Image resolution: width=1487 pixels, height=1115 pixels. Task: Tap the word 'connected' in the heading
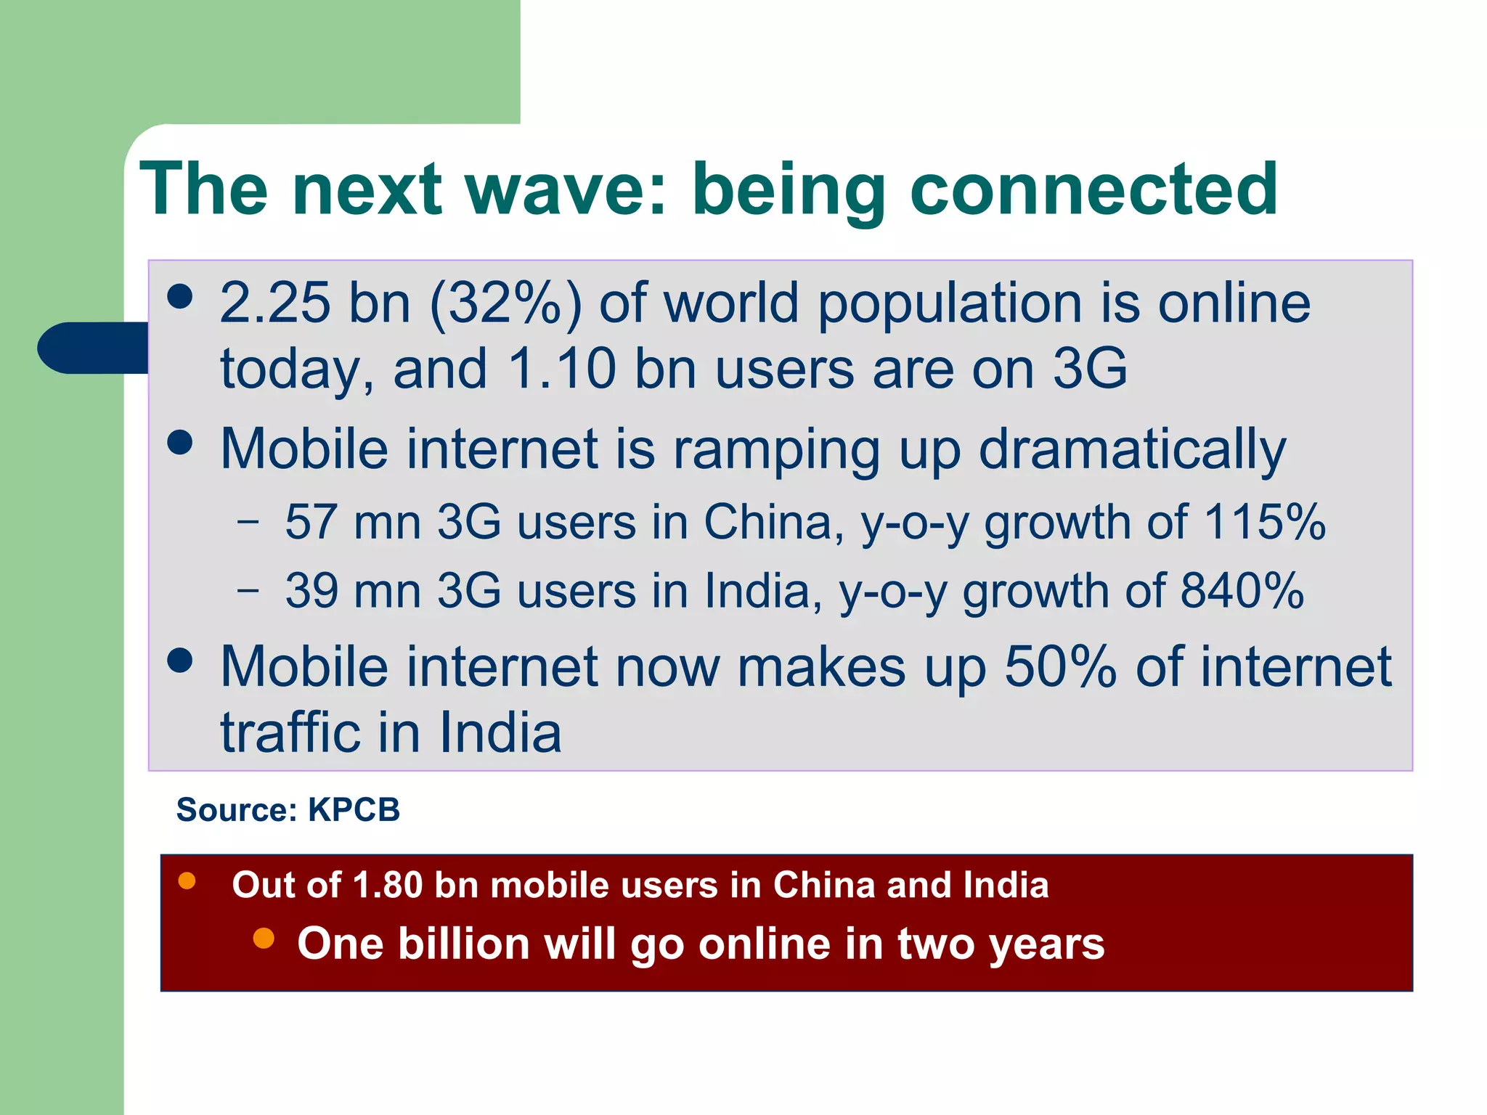click(1093, 189)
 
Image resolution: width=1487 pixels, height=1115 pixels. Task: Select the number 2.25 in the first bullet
click(275, 303)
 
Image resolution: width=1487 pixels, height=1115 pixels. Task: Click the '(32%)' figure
click(506, 303)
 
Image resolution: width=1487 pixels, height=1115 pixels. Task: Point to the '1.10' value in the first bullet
click(562, 369)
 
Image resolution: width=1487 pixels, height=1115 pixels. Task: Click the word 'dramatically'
click(1132, 450)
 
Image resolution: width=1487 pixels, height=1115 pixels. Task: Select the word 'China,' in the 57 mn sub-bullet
click(774, 522)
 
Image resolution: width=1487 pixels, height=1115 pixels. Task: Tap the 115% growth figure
click(1264, 522)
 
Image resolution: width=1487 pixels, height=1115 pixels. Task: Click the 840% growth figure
click(1242, 590)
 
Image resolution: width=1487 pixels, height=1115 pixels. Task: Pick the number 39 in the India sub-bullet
click(311, 590)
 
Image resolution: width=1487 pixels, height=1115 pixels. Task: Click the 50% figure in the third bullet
click(1060, 667)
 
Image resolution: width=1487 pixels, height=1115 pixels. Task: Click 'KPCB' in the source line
click(354, 810)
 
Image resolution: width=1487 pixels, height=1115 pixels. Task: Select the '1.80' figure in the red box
click(387, 886)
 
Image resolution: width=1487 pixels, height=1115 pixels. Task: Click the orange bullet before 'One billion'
click(264, 939)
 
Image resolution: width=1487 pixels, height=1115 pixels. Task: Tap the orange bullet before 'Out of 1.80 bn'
click(187, 881)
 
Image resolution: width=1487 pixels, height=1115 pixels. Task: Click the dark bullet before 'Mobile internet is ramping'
click(179, 442)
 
